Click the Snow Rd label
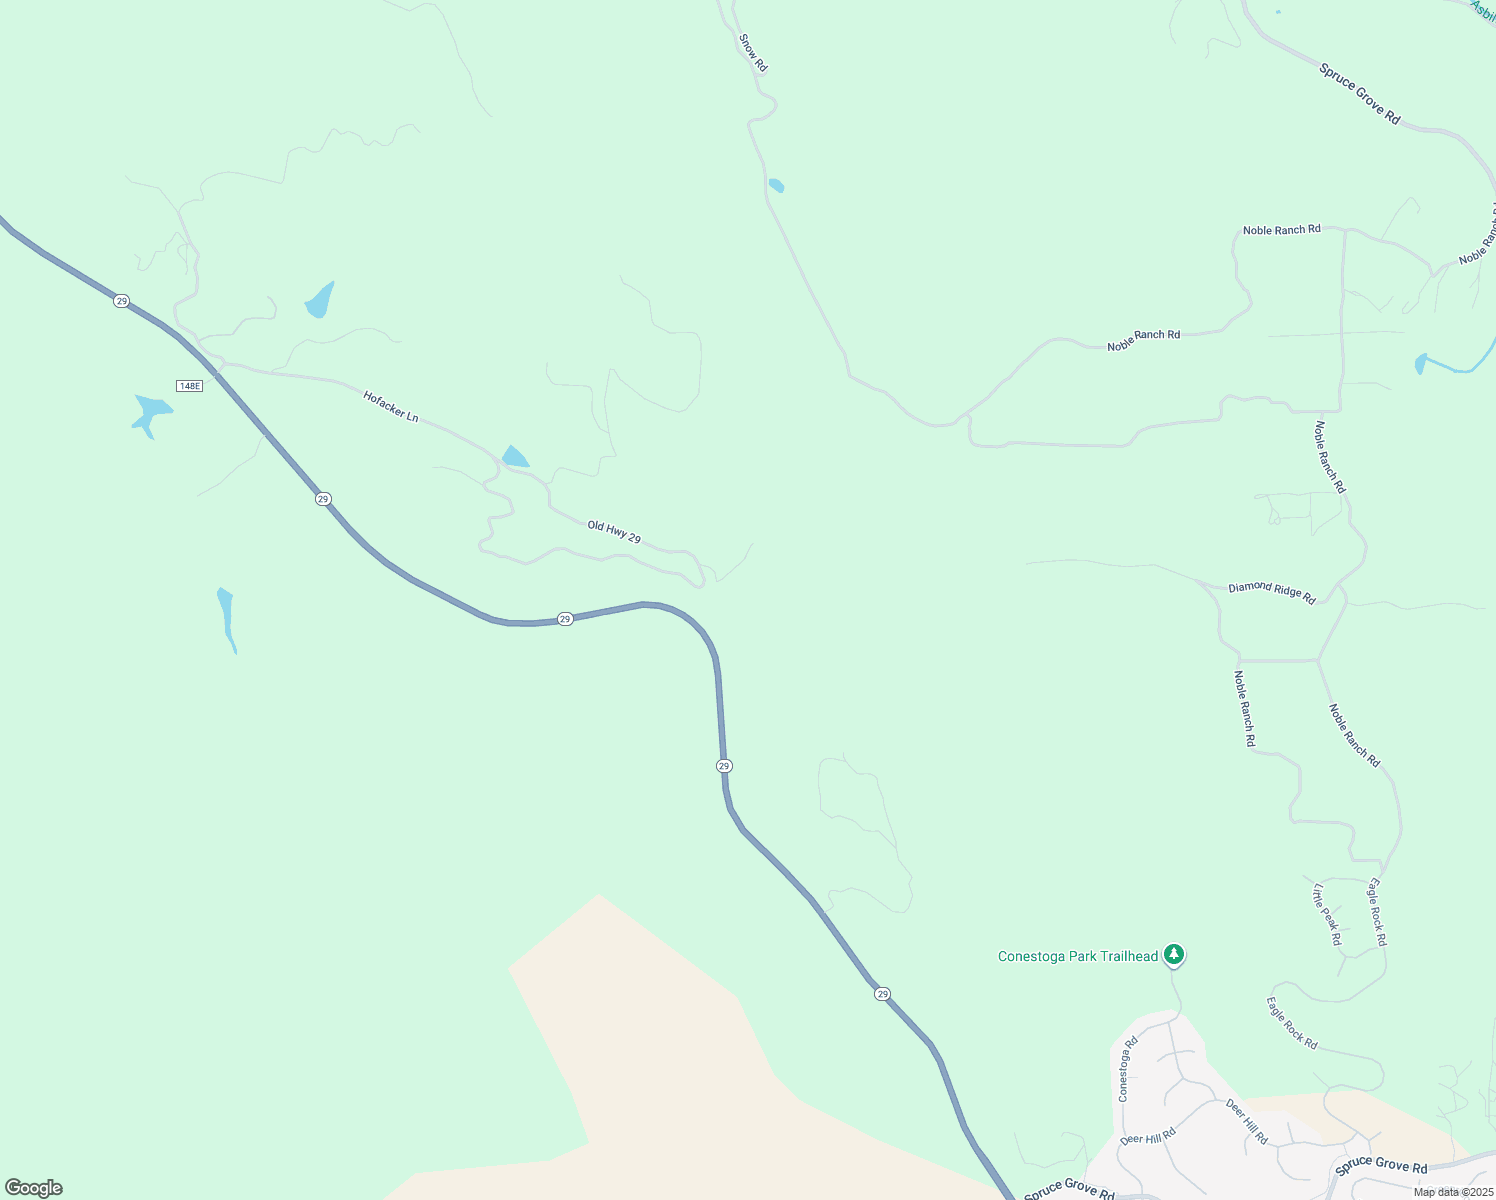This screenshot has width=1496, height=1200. [753, 53]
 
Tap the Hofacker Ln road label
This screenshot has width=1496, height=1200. [391, 406]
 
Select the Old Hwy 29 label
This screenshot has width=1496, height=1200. [614, 532]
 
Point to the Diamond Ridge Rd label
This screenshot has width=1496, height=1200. [1272, 592]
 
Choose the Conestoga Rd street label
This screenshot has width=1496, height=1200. [1127, 1070]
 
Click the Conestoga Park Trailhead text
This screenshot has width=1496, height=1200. [1078, 957]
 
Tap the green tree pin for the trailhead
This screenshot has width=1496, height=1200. [1175, 955]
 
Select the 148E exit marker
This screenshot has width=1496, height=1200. [189, 386]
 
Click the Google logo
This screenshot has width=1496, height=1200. [34, 1188]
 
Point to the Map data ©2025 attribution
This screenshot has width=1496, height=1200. [1454, 1192]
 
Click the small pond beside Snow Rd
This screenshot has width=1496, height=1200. [776, 186]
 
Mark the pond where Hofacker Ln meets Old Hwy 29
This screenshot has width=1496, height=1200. [515, 457]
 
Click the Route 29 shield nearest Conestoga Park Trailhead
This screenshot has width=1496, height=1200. [881, 994]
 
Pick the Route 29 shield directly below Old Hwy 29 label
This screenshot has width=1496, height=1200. [565, 620]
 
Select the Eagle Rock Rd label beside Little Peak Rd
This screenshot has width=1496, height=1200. [1377, 912]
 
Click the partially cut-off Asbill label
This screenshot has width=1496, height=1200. [1483, 9]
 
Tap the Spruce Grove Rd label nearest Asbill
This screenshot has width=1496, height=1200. [1360, 94]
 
